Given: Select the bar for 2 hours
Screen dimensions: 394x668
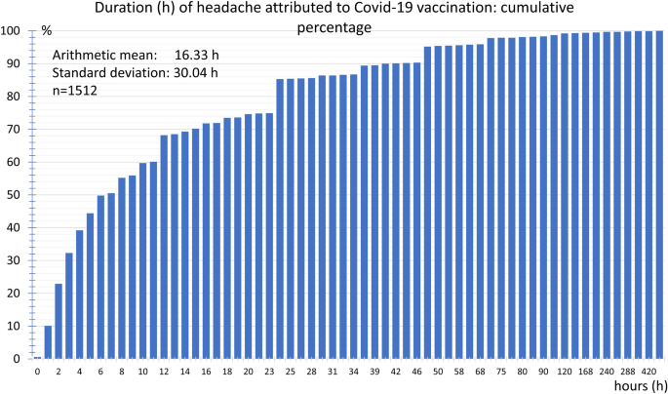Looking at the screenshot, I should pos(59,321).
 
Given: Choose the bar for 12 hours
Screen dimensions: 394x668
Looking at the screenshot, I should pos(164,247).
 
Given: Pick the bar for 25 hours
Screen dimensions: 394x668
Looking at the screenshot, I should pos(291,218).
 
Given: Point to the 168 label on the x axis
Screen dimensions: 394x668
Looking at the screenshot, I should pos(585,372).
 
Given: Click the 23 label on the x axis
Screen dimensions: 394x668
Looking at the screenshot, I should pos(269,372).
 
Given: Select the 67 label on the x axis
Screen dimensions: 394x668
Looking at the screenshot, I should pos(480,372).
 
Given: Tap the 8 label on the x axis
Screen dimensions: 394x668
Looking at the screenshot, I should pos(122,372).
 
